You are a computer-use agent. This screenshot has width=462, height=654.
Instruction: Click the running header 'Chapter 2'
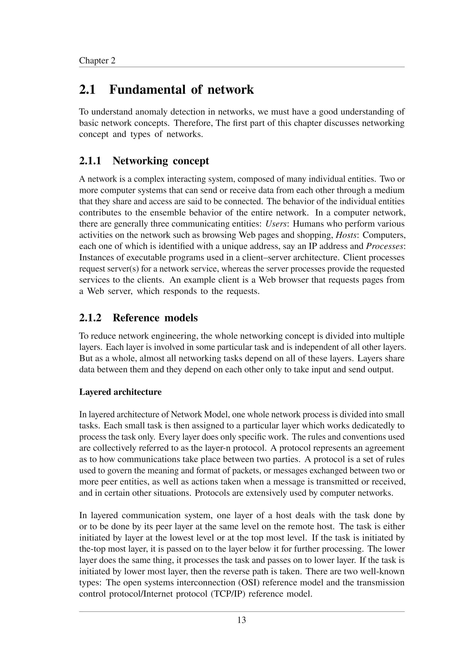click(97, 60)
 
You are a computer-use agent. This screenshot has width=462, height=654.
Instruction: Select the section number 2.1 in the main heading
click(87, 90)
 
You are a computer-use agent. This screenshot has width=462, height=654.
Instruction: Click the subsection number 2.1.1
click(90, 161)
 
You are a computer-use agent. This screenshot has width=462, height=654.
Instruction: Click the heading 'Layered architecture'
click(120, 392)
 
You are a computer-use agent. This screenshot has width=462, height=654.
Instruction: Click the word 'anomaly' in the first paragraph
click(151, 112)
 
